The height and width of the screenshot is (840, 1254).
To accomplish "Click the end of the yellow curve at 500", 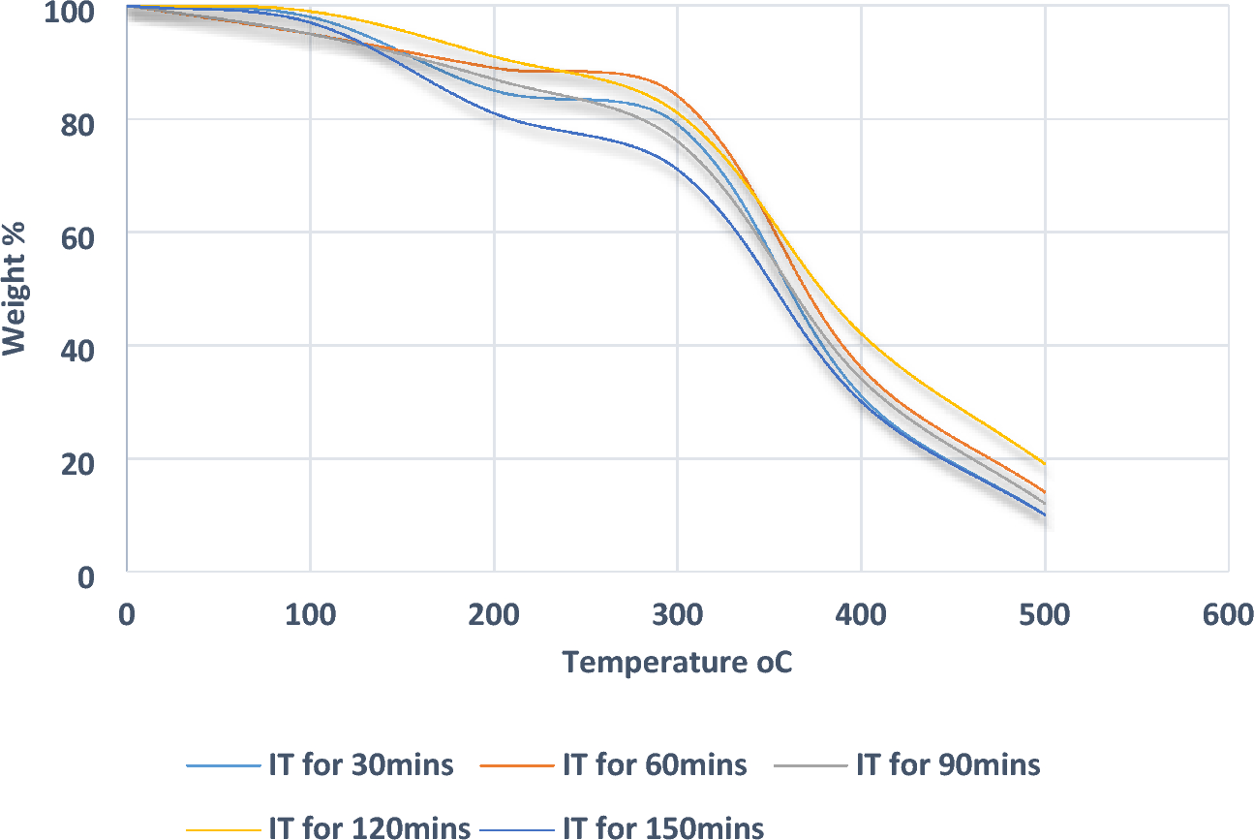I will [x=1045, y=463].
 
